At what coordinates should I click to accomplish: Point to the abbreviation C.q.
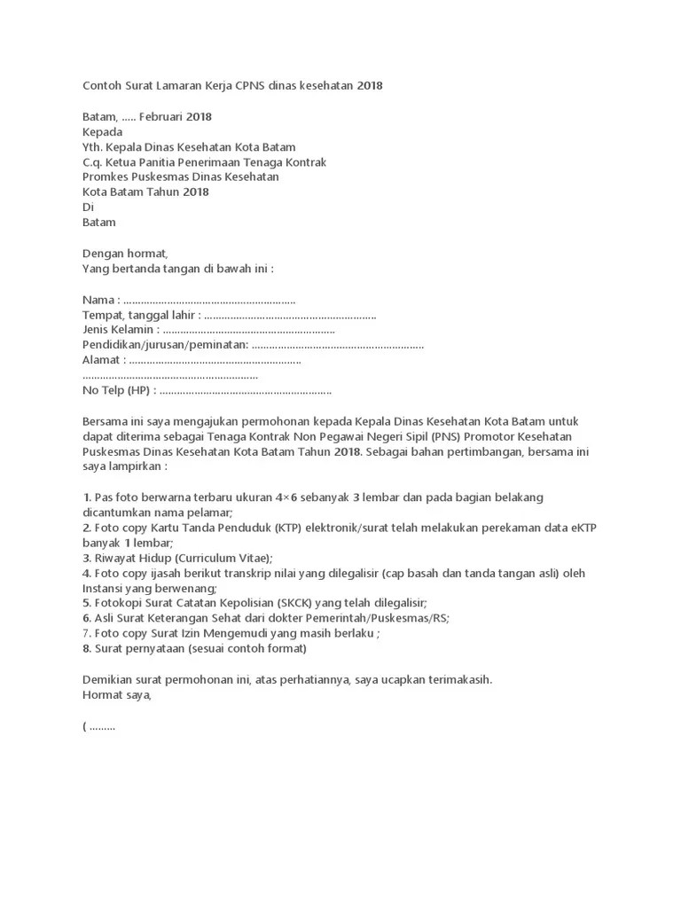click(x=93, y=162)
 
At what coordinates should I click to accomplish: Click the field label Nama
click(x=98, y=300)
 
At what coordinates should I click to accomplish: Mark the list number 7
click(x=86, y=633)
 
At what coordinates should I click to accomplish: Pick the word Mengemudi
click(x=248, y=633)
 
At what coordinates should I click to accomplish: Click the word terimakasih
click(x=455, y=679)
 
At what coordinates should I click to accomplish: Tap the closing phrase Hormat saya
click(x=116, y=695)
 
